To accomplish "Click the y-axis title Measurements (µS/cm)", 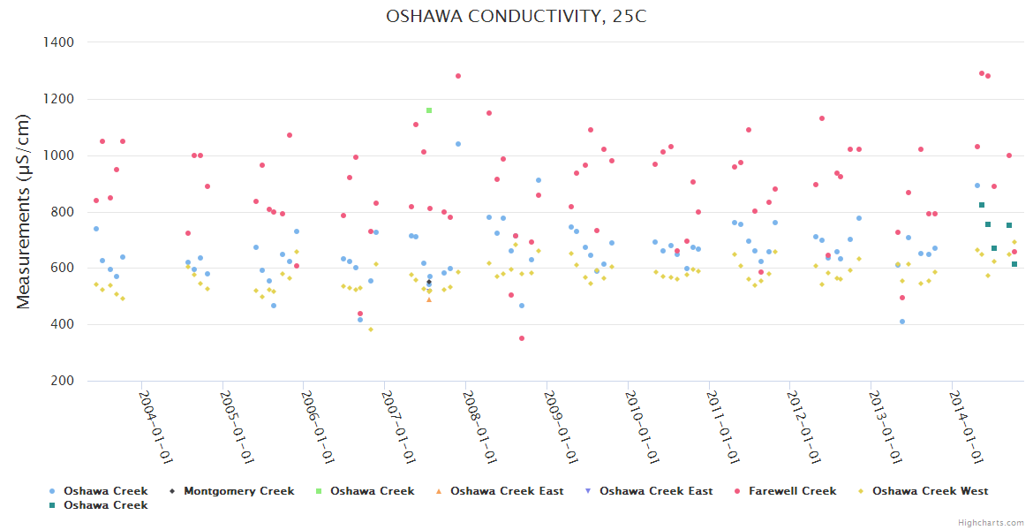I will (24, 212).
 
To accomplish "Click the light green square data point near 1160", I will (429, 110).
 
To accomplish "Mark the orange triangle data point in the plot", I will (429, 299).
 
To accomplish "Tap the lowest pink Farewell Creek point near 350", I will (522, 338).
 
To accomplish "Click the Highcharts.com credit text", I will (992, 523).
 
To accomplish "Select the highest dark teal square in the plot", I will (982, 205).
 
